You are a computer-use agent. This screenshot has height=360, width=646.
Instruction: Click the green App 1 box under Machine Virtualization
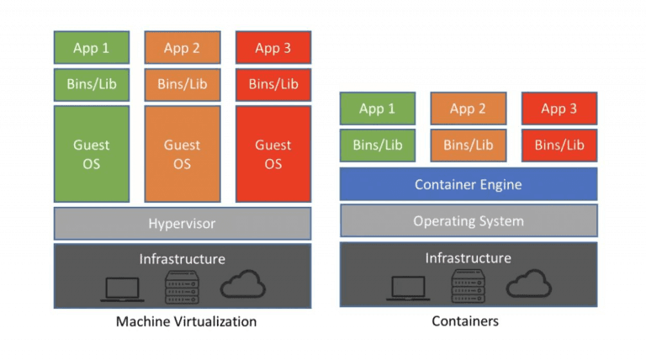(x=92, y=48)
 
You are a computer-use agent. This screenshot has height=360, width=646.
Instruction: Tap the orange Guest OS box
(x=183, y=154)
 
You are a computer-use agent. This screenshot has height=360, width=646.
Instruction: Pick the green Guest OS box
(x=92, y=154)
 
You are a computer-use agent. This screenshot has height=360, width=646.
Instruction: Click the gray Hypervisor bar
(x=183, y=224)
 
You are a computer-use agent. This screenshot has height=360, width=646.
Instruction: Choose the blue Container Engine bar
(x=469, y=184)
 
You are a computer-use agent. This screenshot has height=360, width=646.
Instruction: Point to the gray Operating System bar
(x=469, y=221)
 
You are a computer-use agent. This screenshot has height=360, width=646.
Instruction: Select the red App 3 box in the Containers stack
(x=559, y=109)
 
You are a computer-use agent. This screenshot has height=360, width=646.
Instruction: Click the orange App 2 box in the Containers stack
(x=468, y=109)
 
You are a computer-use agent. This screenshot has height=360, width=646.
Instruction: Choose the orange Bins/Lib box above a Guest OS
(x=183, y=84)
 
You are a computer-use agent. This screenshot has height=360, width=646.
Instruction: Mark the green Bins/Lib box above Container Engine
(x=377, y=145)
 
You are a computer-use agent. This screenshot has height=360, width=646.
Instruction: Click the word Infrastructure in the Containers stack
(x=469, y=257)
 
